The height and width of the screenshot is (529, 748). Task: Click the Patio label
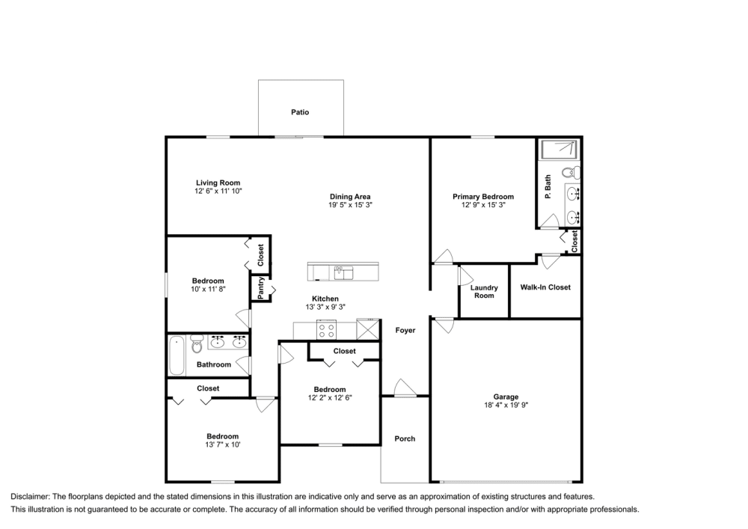pyautogui.click(x=300, y=112)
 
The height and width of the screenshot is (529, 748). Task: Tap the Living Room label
pyautogui.click(x=218, y=183)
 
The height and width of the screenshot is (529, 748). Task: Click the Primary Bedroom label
pyautogui.click(x=483, y=197)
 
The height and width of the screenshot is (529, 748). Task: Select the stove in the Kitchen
pyautogui.click(x=328, y=329)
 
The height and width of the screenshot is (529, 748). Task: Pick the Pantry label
pyautogui.click(x=261, y=288)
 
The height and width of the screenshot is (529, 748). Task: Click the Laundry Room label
pyautogui.click(x=484, y=291)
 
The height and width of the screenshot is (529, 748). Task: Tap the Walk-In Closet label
pyautogui.click(x=545, y=287)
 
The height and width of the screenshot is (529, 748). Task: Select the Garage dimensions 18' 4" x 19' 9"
pyautogui.click(x=506, y=405)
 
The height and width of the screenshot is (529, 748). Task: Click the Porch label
pyautogui.click(x=405, y=438)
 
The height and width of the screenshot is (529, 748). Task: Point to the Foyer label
pyautogui.click(x=405, y=330)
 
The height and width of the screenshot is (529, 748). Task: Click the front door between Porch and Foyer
pyautogui.click(x=404, y=388)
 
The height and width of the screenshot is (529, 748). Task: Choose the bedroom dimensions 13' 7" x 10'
pyautogui.click(x=222, y=444)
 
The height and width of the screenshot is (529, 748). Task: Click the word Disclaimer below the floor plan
pyautogui.click(x=30, y=497)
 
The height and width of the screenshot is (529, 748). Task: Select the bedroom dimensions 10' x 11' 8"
pyautogui.click(x=208, y=288)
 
